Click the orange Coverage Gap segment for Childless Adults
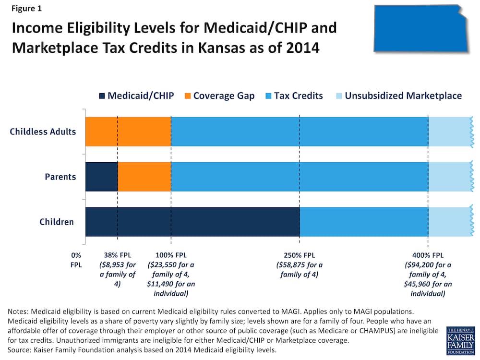(128, 132)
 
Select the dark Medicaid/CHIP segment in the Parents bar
(102, 177)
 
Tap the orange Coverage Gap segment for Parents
(144, 177)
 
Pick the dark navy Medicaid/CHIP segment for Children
(192, 222)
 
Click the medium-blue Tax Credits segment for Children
(364, 222)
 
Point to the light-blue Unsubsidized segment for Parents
(451, 177)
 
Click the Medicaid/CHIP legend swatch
(102, 96)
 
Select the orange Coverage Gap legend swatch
(188, 96)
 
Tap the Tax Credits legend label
(299, 96)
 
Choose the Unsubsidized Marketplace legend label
(403, 96)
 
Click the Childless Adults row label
(43, 132)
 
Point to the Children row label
(57, 222)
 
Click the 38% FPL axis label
(118, 255)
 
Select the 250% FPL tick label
(300, 255)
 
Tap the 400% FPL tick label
(428, 255)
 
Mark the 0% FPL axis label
(76, 260)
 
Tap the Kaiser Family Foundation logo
(461, 340)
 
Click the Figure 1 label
(26, 8)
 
